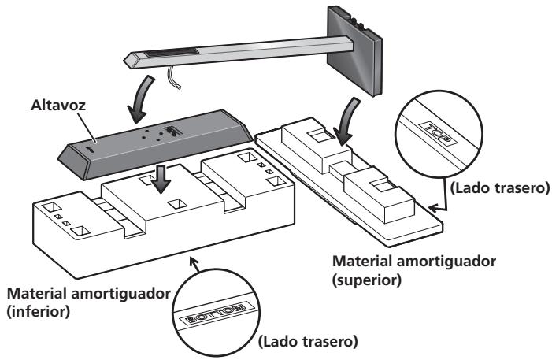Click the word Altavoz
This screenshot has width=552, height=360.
point(58,105)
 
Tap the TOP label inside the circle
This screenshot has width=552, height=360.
point(438,133)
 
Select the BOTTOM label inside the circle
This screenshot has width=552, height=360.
point(217,314)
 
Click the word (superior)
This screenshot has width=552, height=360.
point(367,280)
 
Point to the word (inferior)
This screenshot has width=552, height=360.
point(39,312)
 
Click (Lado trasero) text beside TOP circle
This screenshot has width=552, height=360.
point(500,188)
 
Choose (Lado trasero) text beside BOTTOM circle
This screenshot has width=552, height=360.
point(308,341)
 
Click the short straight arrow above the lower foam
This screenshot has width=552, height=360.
point(161,179)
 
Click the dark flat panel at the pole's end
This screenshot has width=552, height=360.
point(354,51)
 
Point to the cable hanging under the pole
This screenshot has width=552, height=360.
point(174,77)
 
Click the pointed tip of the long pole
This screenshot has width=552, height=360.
point(124,61)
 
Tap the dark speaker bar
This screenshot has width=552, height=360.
point(155,144)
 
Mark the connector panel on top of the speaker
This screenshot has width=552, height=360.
point(173,131)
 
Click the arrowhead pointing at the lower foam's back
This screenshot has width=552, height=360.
point(194,262)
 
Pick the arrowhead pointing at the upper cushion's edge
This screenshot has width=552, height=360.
point(435,208)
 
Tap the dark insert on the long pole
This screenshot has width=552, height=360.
point(172,54)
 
